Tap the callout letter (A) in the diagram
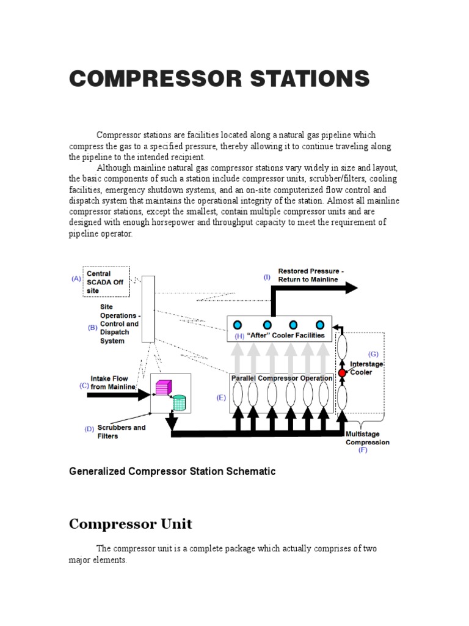point(76,279)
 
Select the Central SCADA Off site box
point(106,282)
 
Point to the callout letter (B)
point(93,328)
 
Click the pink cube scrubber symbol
point(162,387)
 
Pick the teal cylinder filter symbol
point(179,402)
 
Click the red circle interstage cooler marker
point(342,372)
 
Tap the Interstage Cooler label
point(366,368)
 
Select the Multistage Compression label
point(367,438)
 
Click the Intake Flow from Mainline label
point(110,383)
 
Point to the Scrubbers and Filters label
point(122,432)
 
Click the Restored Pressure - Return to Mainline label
point(311,275)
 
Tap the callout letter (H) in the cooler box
point(239,336)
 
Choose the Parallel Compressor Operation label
point(282,378)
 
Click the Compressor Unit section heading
point(130,524)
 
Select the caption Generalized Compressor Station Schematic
point(172,471)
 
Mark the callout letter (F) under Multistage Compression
point(363,451)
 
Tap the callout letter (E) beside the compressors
point(221,397)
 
